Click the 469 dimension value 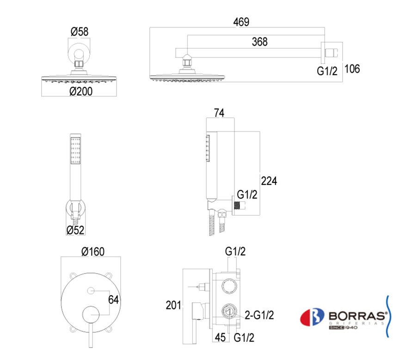241,22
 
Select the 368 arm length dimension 259,42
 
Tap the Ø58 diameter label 80,32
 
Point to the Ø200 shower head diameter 81,92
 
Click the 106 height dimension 352,69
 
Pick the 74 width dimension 219,113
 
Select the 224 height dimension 269,181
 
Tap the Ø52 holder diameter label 75,230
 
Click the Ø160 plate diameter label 93,252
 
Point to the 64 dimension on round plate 113,300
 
